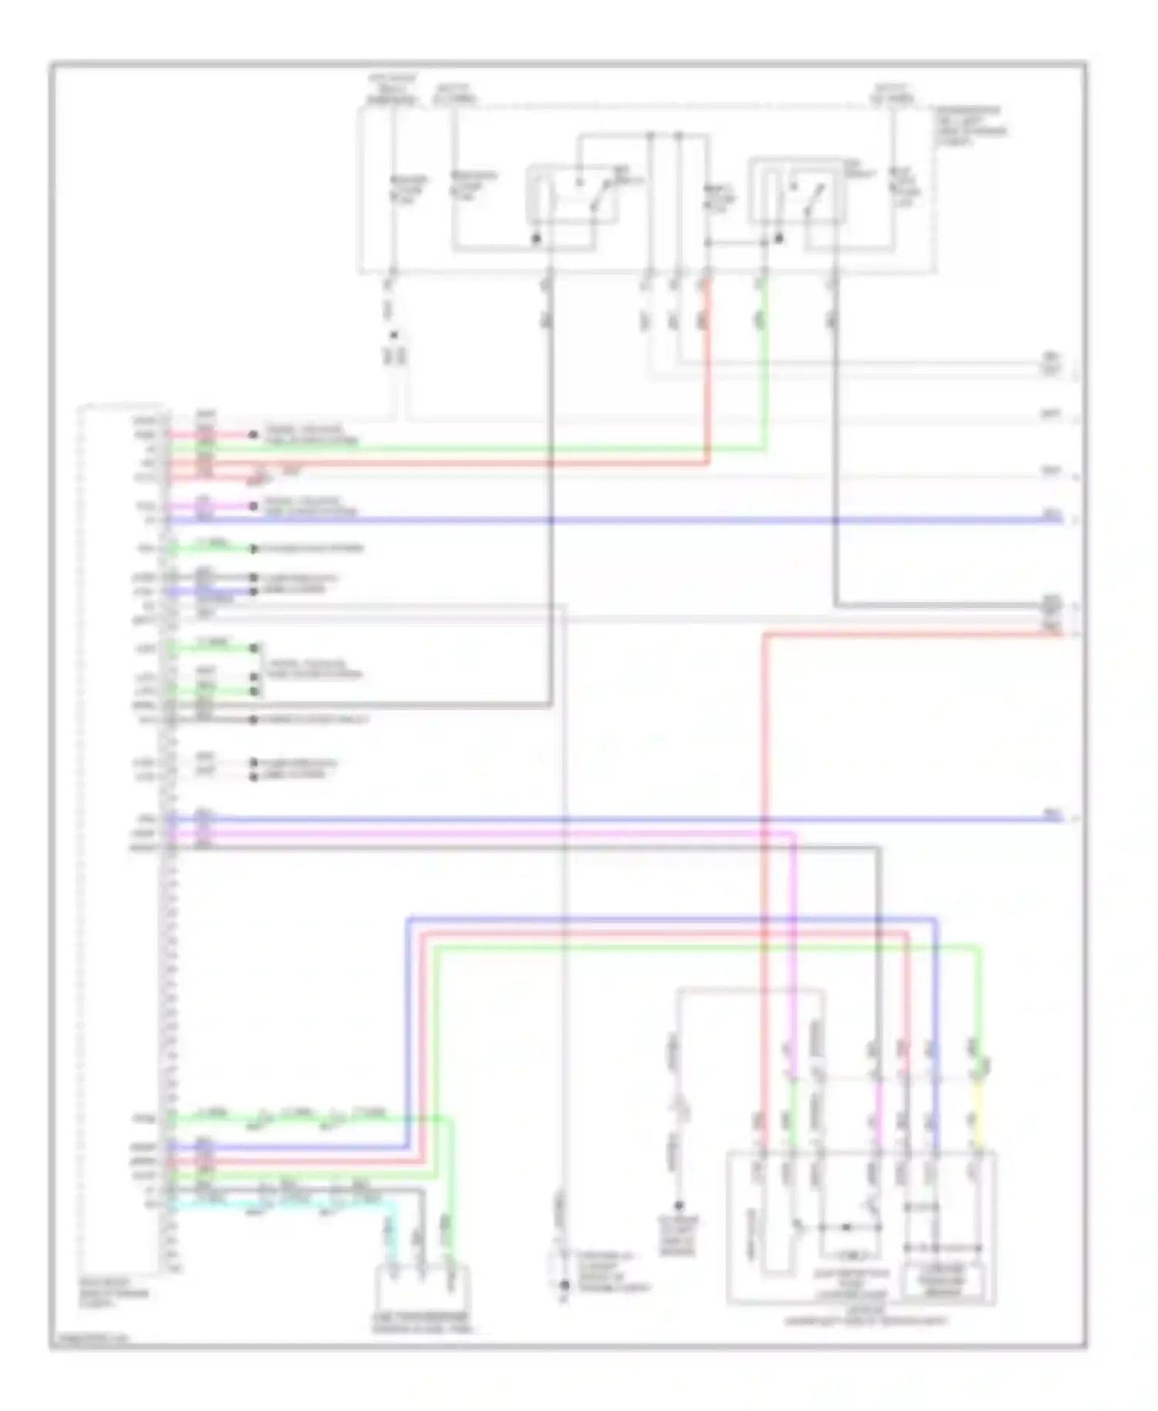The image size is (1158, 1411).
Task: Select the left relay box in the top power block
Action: (572, 195)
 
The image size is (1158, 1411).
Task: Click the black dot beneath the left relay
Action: (536, 239)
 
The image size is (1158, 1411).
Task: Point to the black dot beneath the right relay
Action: (778, 239)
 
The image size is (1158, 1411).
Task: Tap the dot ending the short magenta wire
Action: (253, 506)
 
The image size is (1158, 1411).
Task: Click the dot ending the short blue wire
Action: (253, 592)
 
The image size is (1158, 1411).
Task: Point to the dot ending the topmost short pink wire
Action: (253, 435)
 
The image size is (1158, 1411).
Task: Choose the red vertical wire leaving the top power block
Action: (707, 371)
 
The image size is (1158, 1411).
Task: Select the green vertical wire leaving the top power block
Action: (764, 363)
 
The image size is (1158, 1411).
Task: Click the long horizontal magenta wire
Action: (479, 834)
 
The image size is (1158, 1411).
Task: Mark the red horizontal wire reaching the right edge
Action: (911, 634)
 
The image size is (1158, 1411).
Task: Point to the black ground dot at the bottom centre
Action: (564, 1286)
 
